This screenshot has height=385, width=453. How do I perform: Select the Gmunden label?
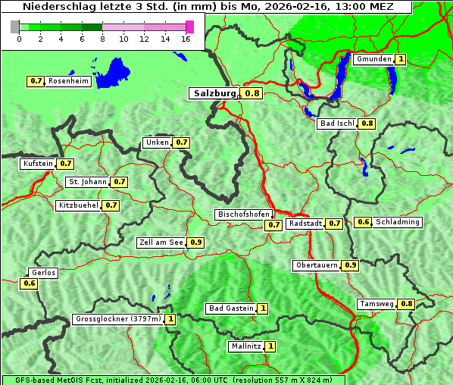tap(373, 59)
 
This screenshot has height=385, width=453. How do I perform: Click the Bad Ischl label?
tap(337, 124)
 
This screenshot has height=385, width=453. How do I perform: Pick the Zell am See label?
tap(161, 243)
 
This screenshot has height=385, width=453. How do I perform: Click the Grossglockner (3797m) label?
tap(118, 319)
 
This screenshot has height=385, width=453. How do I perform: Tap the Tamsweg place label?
tap(376, 304)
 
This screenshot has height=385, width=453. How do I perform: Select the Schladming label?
tap(398, 222)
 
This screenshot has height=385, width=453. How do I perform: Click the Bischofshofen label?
tap(243, 215)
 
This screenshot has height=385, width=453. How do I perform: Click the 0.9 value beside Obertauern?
tap(351, 265)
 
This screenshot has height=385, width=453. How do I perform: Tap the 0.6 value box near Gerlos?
tap(30, 283)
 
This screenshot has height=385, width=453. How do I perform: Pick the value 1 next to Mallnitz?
tap(270, 346)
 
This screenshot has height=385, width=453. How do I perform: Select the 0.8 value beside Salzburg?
tap(252, 93)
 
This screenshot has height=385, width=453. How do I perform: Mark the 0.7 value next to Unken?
tap(181, 142)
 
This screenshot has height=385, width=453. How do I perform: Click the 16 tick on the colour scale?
tap(186, 39)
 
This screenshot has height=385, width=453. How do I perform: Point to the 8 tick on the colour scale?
tap(102, 39)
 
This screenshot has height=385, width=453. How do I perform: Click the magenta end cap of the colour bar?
tap(189, 27)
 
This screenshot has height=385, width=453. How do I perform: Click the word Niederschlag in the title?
tap(56, 7)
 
